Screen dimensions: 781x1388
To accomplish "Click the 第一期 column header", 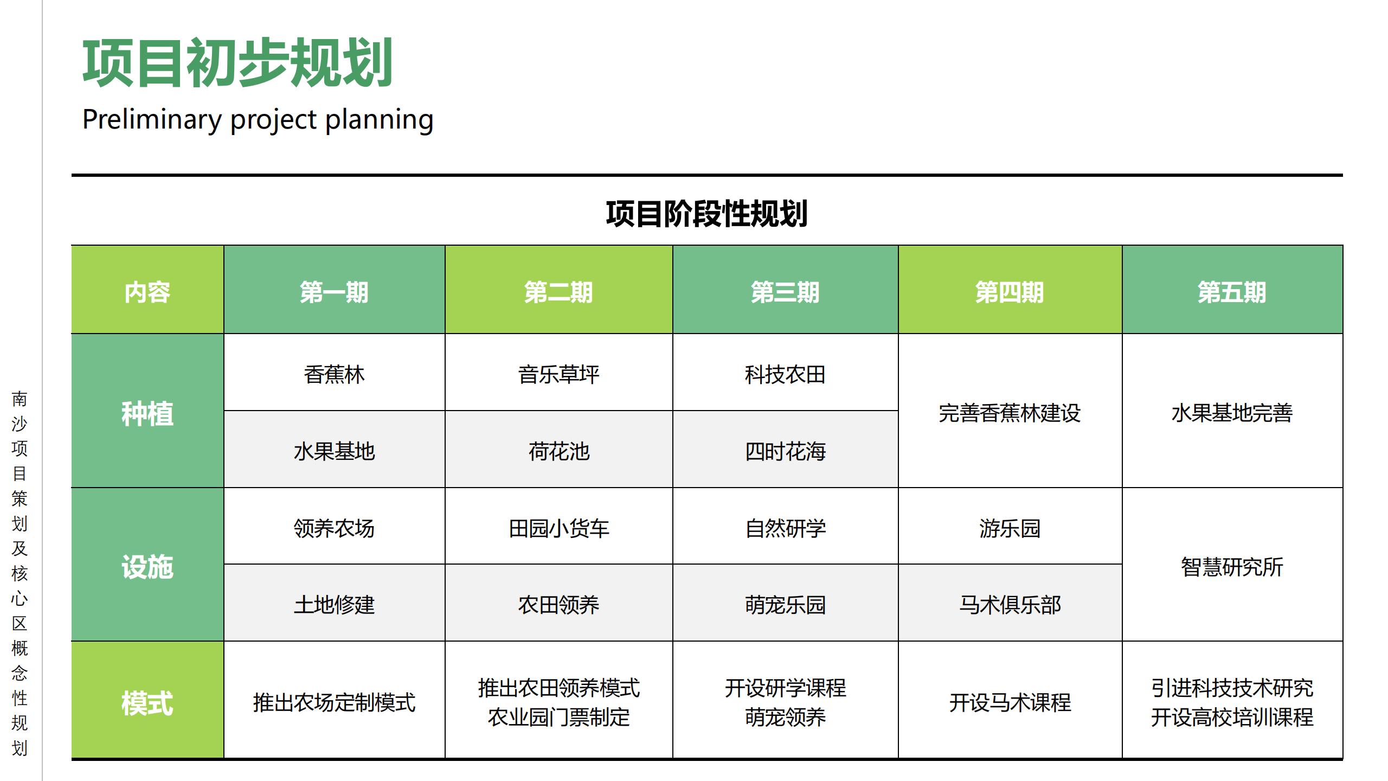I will (334, 292).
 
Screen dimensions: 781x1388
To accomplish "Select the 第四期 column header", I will (1010, 292).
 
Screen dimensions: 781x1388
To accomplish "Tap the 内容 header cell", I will (147, 292).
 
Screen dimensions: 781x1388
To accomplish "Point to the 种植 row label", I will (147, 413).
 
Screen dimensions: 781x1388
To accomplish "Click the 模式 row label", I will (147, 703).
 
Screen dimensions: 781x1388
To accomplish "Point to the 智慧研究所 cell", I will (1232, 567).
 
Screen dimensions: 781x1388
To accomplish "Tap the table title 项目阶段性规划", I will (706, 213).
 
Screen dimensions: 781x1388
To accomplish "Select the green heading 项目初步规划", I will (237, 63).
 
